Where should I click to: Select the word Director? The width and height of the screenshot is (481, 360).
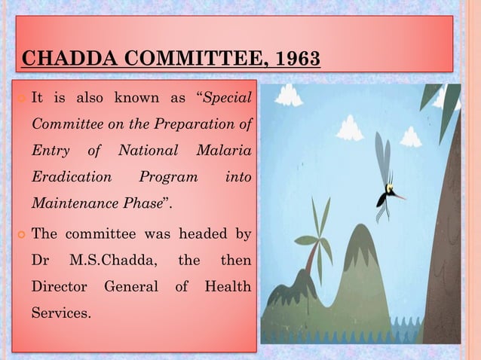click(x=59, y=286)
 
